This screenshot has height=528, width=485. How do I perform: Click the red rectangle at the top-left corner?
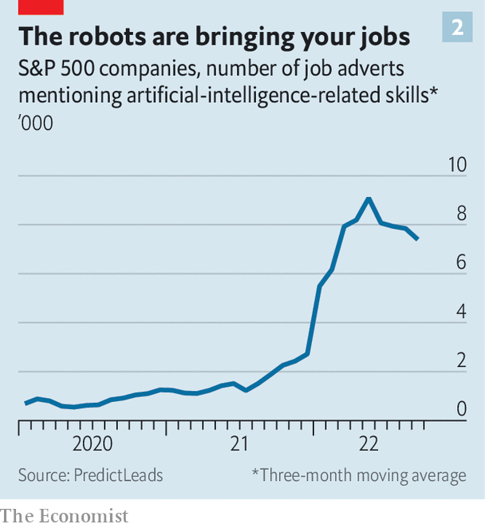[32, 7]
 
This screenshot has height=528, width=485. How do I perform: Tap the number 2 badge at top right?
[457, 28]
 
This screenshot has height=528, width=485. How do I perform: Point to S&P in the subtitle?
[38, 69]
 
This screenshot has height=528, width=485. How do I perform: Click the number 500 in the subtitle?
[85, 69]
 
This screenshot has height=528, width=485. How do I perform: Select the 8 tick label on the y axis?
[461, 214]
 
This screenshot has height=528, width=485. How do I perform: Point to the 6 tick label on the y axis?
[461, 262]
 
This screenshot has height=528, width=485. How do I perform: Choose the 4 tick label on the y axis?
[461, 311]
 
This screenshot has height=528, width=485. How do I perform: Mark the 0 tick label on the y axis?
[461, 409]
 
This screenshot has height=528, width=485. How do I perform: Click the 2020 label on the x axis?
[92, 444]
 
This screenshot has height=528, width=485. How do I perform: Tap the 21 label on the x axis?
[239, 444]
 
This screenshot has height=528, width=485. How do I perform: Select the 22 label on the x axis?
[369, 444]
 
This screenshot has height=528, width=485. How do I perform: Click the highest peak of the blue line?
[368, 198]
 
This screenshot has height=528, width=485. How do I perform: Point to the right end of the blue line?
[417, 238]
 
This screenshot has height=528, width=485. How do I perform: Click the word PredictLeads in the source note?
[119, 475]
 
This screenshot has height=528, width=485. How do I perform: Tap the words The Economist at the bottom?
[65, 516]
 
